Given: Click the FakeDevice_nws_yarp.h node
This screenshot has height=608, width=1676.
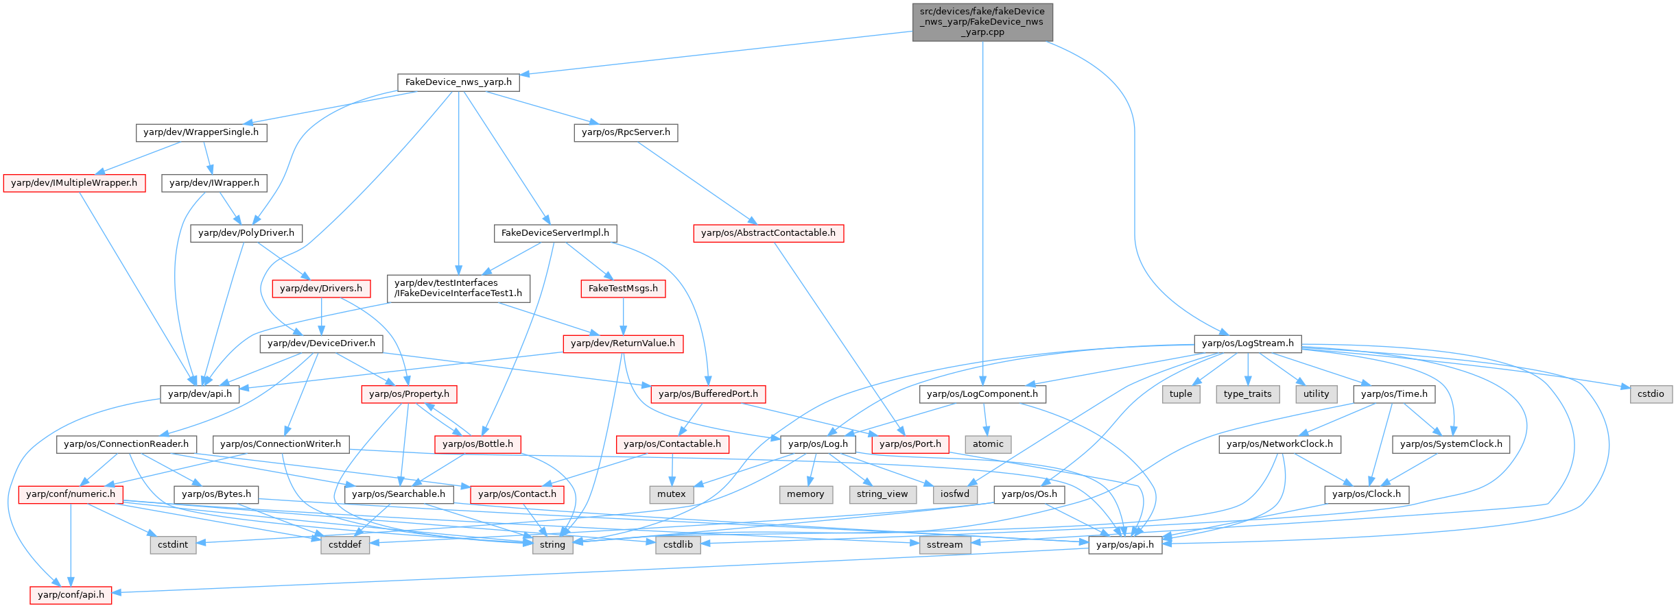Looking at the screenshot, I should (x=458, y=82).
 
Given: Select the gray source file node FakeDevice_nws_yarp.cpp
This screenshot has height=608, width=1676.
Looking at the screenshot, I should (x=982, y=22).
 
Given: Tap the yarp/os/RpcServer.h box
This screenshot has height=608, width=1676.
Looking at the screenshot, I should (x=626, y=132).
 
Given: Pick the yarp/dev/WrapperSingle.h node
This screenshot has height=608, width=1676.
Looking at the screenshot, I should (x=201, y=132).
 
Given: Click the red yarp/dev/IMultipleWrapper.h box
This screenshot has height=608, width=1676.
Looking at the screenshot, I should (x=74, y=183).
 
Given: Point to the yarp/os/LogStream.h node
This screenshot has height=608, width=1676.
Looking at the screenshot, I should (x=1247, y=343).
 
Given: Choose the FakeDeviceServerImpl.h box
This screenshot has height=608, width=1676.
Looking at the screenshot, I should (x=555, y=233).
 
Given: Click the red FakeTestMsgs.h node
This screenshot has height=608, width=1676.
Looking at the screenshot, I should (x=623, y=289).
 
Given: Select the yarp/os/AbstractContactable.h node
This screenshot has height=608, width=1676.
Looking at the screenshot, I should (x=768, y=233).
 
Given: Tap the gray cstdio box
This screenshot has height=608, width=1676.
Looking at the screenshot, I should (x=1651, y=394).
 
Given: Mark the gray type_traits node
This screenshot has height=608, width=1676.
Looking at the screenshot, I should (x=1247, y=394).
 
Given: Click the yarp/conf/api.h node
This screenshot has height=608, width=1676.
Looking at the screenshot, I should (x=71, y=595).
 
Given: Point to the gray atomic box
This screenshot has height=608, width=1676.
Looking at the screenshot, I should (x=988, y=444).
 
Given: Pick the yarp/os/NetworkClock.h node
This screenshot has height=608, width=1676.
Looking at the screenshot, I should (x=1279, y=444).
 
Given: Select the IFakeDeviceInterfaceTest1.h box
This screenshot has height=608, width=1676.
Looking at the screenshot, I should (x=458, y=288).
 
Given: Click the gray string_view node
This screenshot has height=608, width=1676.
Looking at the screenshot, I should (x=882, y=494).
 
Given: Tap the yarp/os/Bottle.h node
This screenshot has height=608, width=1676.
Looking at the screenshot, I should (x=477, y=444).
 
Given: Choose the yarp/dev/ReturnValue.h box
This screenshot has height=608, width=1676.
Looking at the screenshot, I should (x=623, y=343).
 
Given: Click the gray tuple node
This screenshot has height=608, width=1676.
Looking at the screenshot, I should (x=1181, y=394).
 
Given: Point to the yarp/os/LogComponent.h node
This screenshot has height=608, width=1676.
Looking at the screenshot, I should (x=982, y=394).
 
